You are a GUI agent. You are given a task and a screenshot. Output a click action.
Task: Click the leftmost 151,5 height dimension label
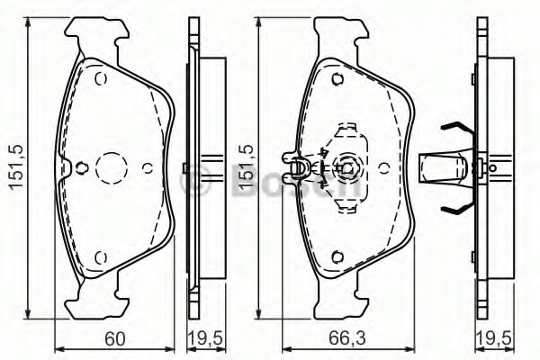click(x=17, y=166)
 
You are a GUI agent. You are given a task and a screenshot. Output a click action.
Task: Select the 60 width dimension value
click(x=114, y=339)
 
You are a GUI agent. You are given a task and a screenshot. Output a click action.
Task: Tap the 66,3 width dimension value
click(x=346, y=339)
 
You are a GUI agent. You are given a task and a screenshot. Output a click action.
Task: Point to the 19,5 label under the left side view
click(x=206, y=339)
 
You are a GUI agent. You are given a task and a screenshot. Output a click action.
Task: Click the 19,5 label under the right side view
click(x=494, y=339)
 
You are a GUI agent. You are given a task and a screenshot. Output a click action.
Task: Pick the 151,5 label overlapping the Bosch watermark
click(x=247, y=166)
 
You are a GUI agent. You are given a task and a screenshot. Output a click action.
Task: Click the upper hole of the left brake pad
click(x=101, y=79)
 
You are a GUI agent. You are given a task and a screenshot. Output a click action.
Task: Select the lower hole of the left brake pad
click(x=101, y=257)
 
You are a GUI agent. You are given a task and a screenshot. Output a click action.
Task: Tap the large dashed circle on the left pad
click(x=112, y=167)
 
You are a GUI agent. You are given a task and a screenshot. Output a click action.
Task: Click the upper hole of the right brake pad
click(x=337, y=79)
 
